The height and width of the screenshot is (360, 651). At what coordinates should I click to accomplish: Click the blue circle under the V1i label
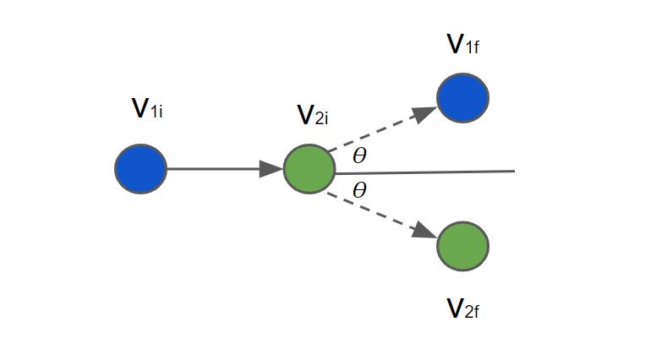[x=141, y=169]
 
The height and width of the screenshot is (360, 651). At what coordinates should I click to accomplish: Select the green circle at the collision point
[x=309, y=170]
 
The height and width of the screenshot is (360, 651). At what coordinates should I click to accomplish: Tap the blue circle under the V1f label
[x=462, y=98]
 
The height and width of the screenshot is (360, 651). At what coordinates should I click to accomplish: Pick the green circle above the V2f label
[x=462, y=246]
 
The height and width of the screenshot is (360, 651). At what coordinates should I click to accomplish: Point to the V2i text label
[x=312, y=115]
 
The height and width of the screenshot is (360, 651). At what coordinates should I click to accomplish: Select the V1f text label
[x=464, y=45]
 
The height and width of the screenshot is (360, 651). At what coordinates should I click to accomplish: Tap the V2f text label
[x=464, y=309]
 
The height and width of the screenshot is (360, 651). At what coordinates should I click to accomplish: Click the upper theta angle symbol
[x=359, y=155]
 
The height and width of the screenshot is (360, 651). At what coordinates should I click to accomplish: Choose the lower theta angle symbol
[x=359, y=190]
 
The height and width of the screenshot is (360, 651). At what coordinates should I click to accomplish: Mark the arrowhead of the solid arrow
[x=272, y=169]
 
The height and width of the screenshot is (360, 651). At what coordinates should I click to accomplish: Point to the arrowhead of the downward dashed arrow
[x=425, y=231]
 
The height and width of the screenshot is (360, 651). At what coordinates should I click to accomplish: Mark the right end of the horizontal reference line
[x=513, y=171]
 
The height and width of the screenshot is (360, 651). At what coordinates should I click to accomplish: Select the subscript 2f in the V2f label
[x=473, y=312]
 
